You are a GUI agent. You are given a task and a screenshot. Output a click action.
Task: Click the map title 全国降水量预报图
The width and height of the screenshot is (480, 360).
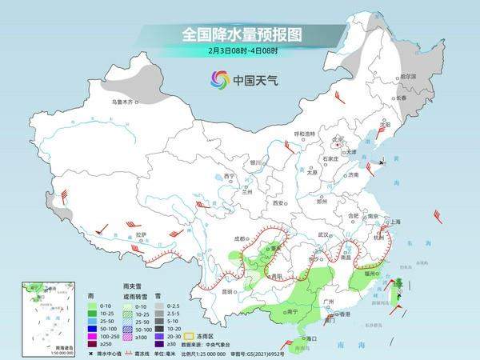[x=239, y=34]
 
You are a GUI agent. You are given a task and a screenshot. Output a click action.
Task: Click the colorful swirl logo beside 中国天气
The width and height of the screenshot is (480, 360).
[x=219, y=79]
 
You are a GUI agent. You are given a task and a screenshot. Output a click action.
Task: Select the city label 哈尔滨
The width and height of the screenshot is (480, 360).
[x=408, y=76]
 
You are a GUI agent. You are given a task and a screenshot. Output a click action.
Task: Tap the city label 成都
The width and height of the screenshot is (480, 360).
[x=241, y=238]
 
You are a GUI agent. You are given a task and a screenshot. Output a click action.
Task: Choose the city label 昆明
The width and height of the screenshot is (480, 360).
[x=227, y=291]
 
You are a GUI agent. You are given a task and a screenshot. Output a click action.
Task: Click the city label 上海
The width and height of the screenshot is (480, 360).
[x=394, y=222]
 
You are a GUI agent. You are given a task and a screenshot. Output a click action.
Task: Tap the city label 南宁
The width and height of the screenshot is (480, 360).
[x=292, y=311]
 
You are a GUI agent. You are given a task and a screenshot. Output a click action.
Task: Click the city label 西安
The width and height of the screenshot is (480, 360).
[x=278, y=204]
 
